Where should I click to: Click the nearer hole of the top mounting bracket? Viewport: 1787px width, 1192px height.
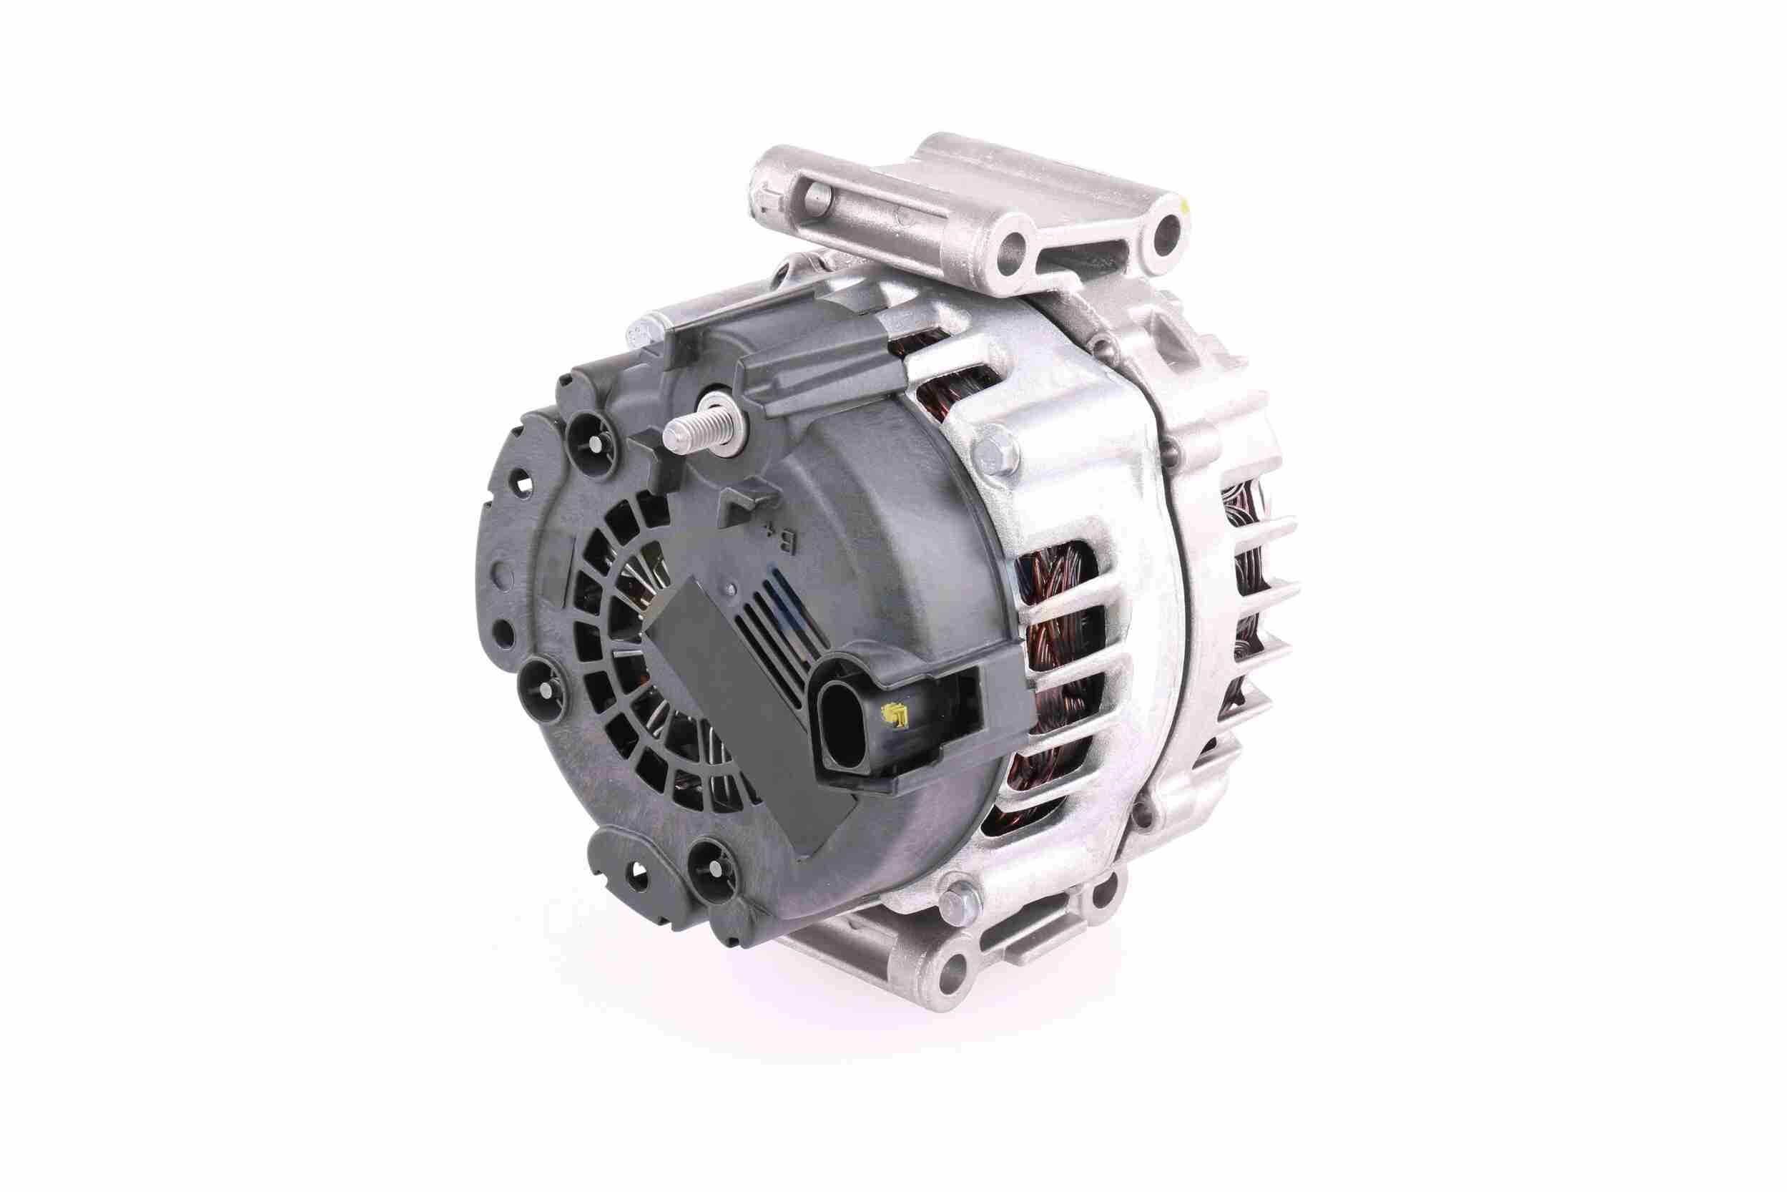1016,244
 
